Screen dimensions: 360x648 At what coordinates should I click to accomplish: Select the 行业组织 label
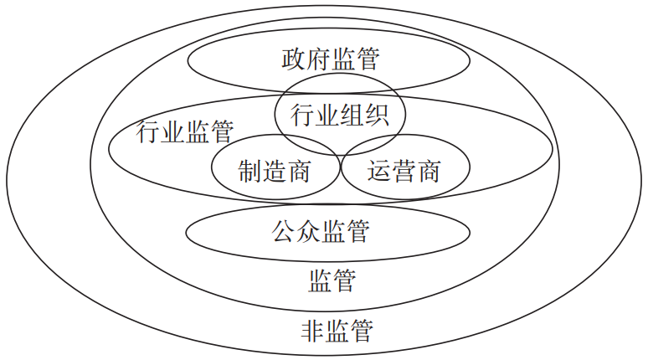pyautogui.click(x=339, y=115)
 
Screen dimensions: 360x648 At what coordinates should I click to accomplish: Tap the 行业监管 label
pyautogui.click(x=184, y=131)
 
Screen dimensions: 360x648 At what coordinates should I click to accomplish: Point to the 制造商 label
pyautogui.click(x=274, y=172)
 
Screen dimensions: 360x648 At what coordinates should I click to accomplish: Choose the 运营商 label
pyautogui.click(x=404, y=172)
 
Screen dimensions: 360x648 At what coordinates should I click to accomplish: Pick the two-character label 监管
pyautogui.click(x=332, y=280)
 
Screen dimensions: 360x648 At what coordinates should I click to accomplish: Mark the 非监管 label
pyautogui.click(x=336, y=330)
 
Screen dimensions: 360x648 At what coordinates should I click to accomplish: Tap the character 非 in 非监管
pyautogui.click(x=311, y=330)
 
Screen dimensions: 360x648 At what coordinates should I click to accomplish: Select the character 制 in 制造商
pyautogui.click(x=249, y=172)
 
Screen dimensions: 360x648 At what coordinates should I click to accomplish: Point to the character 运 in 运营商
pyautogui.click(x=379, y=172)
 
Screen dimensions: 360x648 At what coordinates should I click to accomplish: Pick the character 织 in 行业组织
pyautogui.click(x=375, y=115)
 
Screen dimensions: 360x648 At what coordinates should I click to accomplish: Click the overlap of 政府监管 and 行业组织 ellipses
pyautogui.click(x=339, y=84)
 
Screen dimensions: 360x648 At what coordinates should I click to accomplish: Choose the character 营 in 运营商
pyautogui.click(x=404, y=172)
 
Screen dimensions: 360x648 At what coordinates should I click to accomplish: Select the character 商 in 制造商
pyautogui.click(x=298, y=172)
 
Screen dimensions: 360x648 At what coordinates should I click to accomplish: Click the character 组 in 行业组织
pyautogui.click(x=351, y=115)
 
